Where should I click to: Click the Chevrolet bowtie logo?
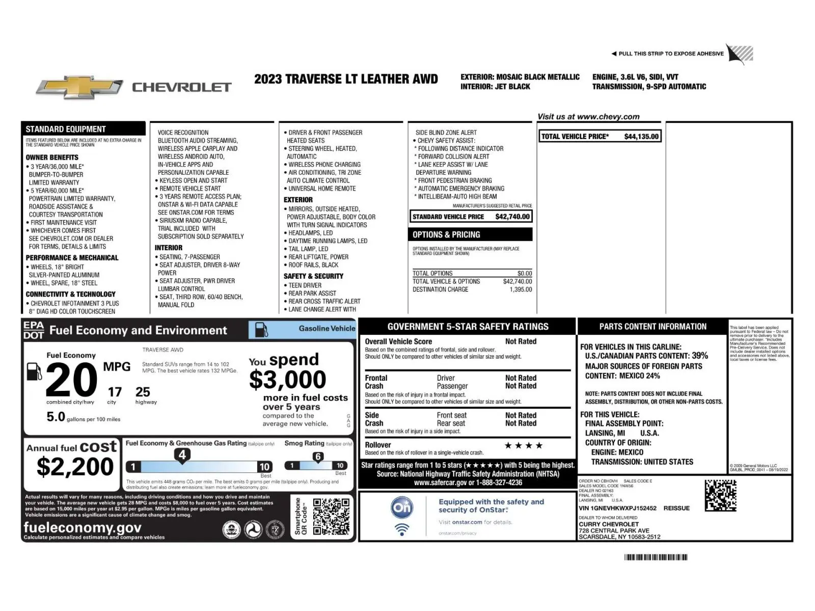coord(79,88)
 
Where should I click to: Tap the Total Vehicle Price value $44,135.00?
coord(641,137)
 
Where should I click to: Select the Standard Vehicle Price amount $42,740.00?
coord(512,217)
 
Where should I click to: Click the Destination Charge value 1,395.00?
coord(521,289)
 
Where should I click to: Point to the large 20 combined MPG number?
coord(71,380)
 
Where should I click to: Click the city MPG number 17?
coord(115,392)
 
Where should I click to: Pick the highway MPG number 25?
coord(143,392)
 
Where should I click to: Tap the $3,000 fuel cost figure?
coord(287,380)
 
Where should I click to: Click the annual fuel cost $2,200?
coord(75,466)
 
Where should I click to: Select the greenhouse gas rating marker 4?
coord(182,455)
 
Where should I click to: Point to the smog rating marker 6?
coord(318,457)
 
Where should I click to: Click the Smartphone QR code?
coord(331,517)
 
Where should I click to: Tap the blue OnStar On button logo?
coord(402,508)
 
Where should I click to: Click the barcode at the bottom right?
coord(656,557)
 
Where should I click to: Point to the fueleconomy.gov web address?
coord(82,527)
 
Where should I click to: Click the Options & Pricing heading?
coord(446,235)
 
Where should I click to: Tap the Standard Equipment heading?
coord(66,129)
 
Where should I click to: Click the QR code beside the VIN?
coord(720,495)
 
